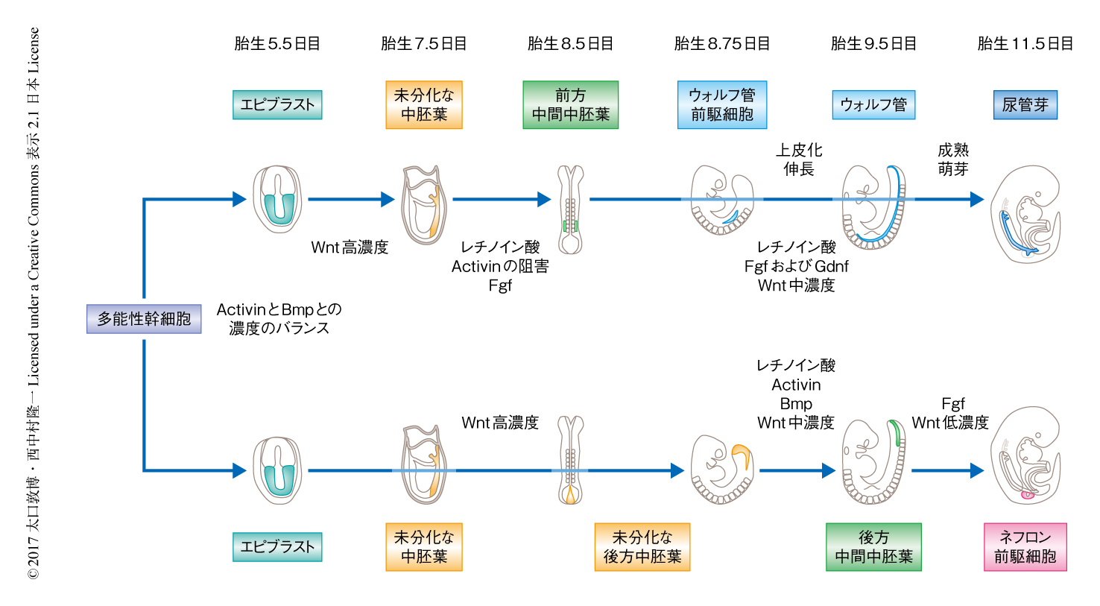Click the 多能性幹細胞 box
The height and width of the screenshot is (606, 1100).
coord(144,319)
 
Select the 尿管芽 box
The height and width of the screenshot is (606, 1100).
coord(1025,105)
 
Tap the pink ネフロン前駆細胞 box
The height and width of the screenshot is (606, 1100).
coord(1025,547)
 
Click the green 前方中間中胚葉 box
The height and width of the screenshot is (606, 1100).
coord(570,105)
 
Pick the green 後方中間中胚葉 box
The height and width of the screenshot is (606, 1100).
coord(873,547)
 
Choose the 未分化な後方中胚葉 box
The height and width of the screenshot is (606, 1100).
coord(642,547)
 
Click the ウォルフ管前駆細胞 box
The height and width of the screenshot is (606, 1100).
coord(721,105)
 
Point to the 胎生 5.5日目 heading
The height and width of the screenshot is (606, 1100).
coord(277,44)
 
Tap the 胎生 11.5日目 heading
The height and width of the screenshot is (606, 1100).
coord(1025,44)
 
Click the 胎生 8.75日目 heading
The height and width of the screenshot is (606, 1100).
coord(721,44)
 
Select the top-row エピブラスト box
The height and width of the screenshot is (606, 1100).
coord(277,105)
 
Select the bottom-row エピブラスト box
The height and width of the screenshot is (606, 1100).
coord(277,547)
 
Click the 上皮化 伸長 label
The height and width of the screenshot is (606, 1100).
coord(799,160)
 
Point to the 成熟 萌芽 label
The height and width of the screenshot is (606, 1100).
coord(952,160)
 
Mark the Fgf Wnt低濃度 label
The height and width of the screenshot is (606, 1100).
coord(950,414)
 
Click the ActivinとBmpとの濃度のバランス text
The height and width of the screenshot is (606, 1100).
coord(279,319)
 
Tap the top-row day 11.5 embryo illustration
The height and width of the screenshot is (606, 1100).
coord(1025,214)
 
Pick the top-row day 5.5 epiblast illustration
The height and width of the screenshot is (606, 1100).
coord(277,199)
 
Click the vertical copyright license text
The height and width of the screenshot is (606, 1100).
coord(34,303)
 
